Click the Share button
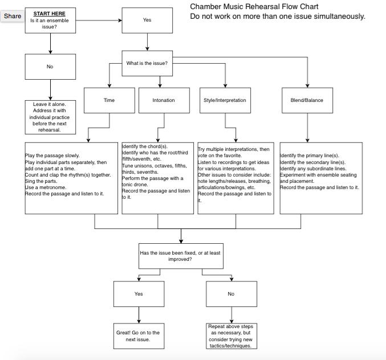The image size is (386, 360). tap(13, 16)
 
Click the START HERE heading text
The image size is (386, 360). tap(49, 13)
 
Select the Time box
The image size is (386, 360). tap(109, 100)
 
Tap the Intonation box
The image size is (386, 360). tap(164, 100)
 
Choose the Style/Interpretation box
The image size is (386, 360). tap(225, 100)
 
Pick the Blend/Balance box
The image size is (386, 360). tap(307, 100)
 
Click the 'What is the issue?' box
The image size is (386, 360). tap(147, 63)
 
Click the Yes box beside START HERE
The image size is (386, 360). tap(147, 20)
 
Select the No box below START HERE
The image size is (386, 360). tap(50, 67)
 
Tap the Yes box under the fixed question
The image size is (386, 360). tap(139, 294)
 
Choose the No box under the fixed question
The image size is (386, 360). tap(230, 294)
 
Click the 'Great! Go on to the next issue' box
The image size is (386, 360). tap(138, 336)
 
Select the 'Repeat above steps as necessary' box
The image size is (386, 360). tap(230, 336)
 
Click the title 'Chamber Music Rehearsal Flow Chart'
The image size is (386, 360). tap(254, 7)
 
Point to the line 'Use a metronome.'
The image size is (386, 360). tap(45, 187)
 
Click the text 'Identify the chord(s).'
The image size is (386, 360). tap(145, 146)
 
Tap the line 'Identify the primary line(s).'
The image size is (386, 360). tap(310, 156)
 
